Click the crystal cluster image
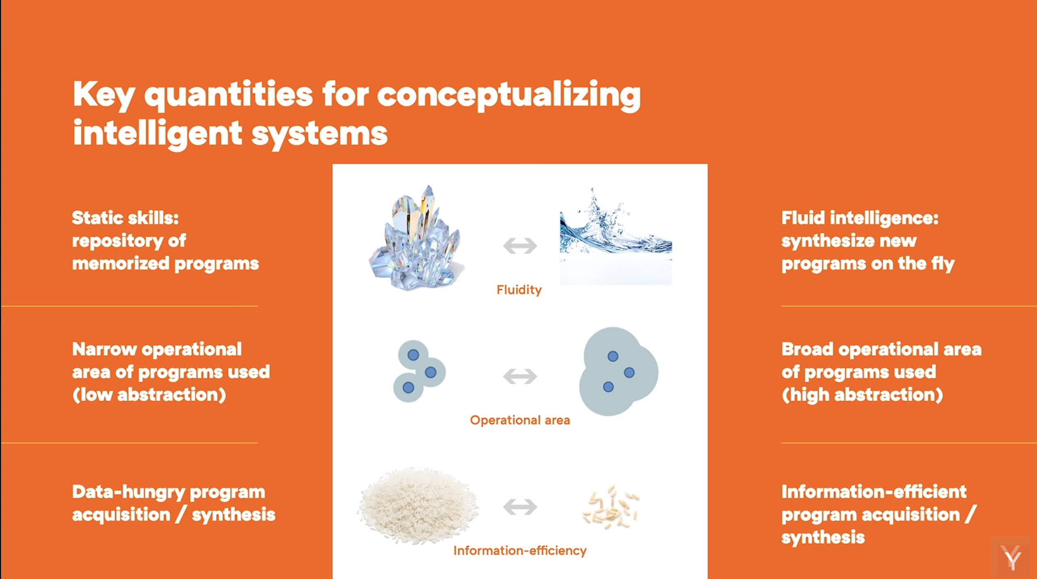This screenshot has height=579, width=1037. (x=416, y=238)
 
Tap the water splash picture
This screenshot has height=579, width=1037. (x=616, y=236)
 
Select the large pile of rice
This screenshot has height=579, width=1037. (x=418, y=506)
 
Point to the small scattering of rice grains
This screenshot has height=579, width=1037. (x=611, y=507)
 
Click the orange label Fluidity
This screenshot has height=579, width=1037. (x=519, y=290)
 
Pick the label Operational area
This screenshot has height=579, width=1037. (x=520, y=420)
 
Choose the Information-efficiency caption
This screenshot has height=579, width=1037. (x=520, y=551)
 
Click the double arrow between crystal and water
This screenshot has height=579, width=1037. (x=520, y=246)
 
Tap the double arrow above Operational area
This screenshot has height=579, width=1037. (x=520, y=376)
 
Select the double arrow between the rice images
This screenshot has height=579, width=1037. (x=520, y=507)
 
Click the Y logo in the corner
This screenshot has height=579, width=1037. (x=1011, y=558)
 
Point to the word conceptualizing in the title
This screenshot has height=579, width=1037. (x=509, y=95)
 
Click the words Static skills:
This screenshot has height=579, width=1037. (x=126, y=218)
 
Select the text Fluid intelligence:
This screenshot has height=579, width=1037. (x=860, y=218)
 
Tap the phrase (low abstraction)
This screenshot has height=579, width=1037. (x=149, y=395)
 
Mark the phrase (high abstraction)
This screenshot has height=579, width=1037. (x=863, y=395)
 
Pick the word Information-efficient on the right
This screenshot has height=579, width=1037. (x=874, y=492)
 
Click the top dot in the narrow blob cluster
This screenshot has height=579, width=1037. (x=413, y=355)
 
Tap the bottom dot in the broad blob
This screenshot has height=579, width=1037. (x=608, y=387)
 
